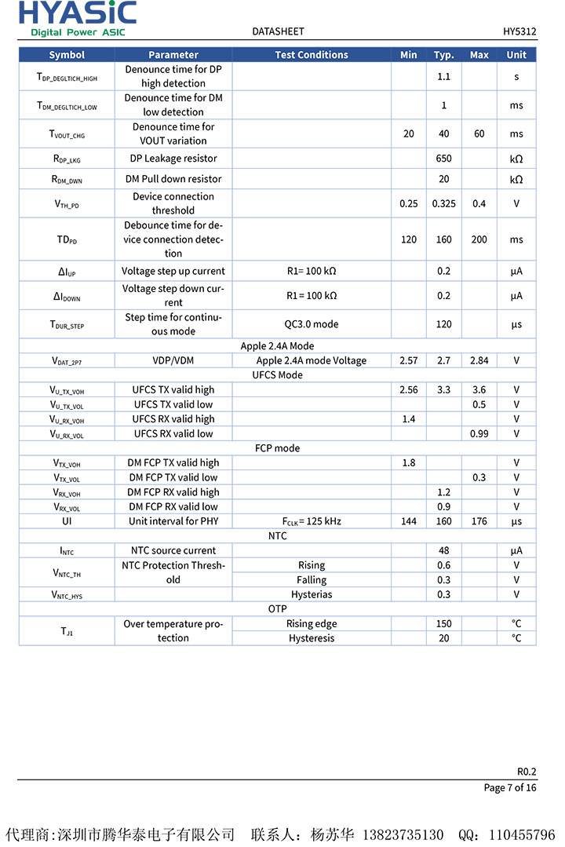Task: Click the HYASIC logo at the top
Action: click(x=78, y=18)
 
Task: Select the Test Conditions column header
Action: click(x=312, y=55)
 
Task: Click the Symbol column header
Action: click(x=67, y=55)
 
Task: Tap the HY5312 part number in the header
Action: click(x=519, y=31)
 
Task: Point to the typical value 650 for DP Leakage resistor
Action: click(x=443, y=159)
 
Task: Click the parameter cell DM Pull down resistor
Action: click(x=173, y=179)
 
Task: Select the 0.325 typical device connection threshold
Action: click(x=443, y=204)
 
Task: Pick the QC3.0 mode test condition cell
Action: click(x=312, y=324)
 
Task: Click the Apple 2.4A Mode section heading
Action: click(x=277, y=346)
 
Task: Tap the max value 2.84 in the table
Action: click(x=479, y=361)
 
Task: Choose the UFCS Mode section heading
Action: click(x=277, y=375)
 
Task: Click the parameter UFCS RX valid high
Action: click(x=173, y=419)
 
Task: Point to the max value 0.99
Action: click(x=479, y=434)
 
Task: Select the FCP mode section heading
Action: click(x=277, y=448)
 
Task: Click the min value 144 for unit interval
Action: click(x=408, y=521)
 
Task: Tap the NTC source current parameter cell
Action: click(x=173, y=551)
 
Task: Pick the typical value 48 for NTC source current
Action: click(x=443, y=551)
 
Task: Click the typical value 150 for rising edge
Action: click(x=443, y=624)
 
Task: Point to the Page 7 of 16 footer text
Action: click(x=510, y=787)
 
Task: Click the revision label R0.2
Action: click(x=527, y=771)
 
